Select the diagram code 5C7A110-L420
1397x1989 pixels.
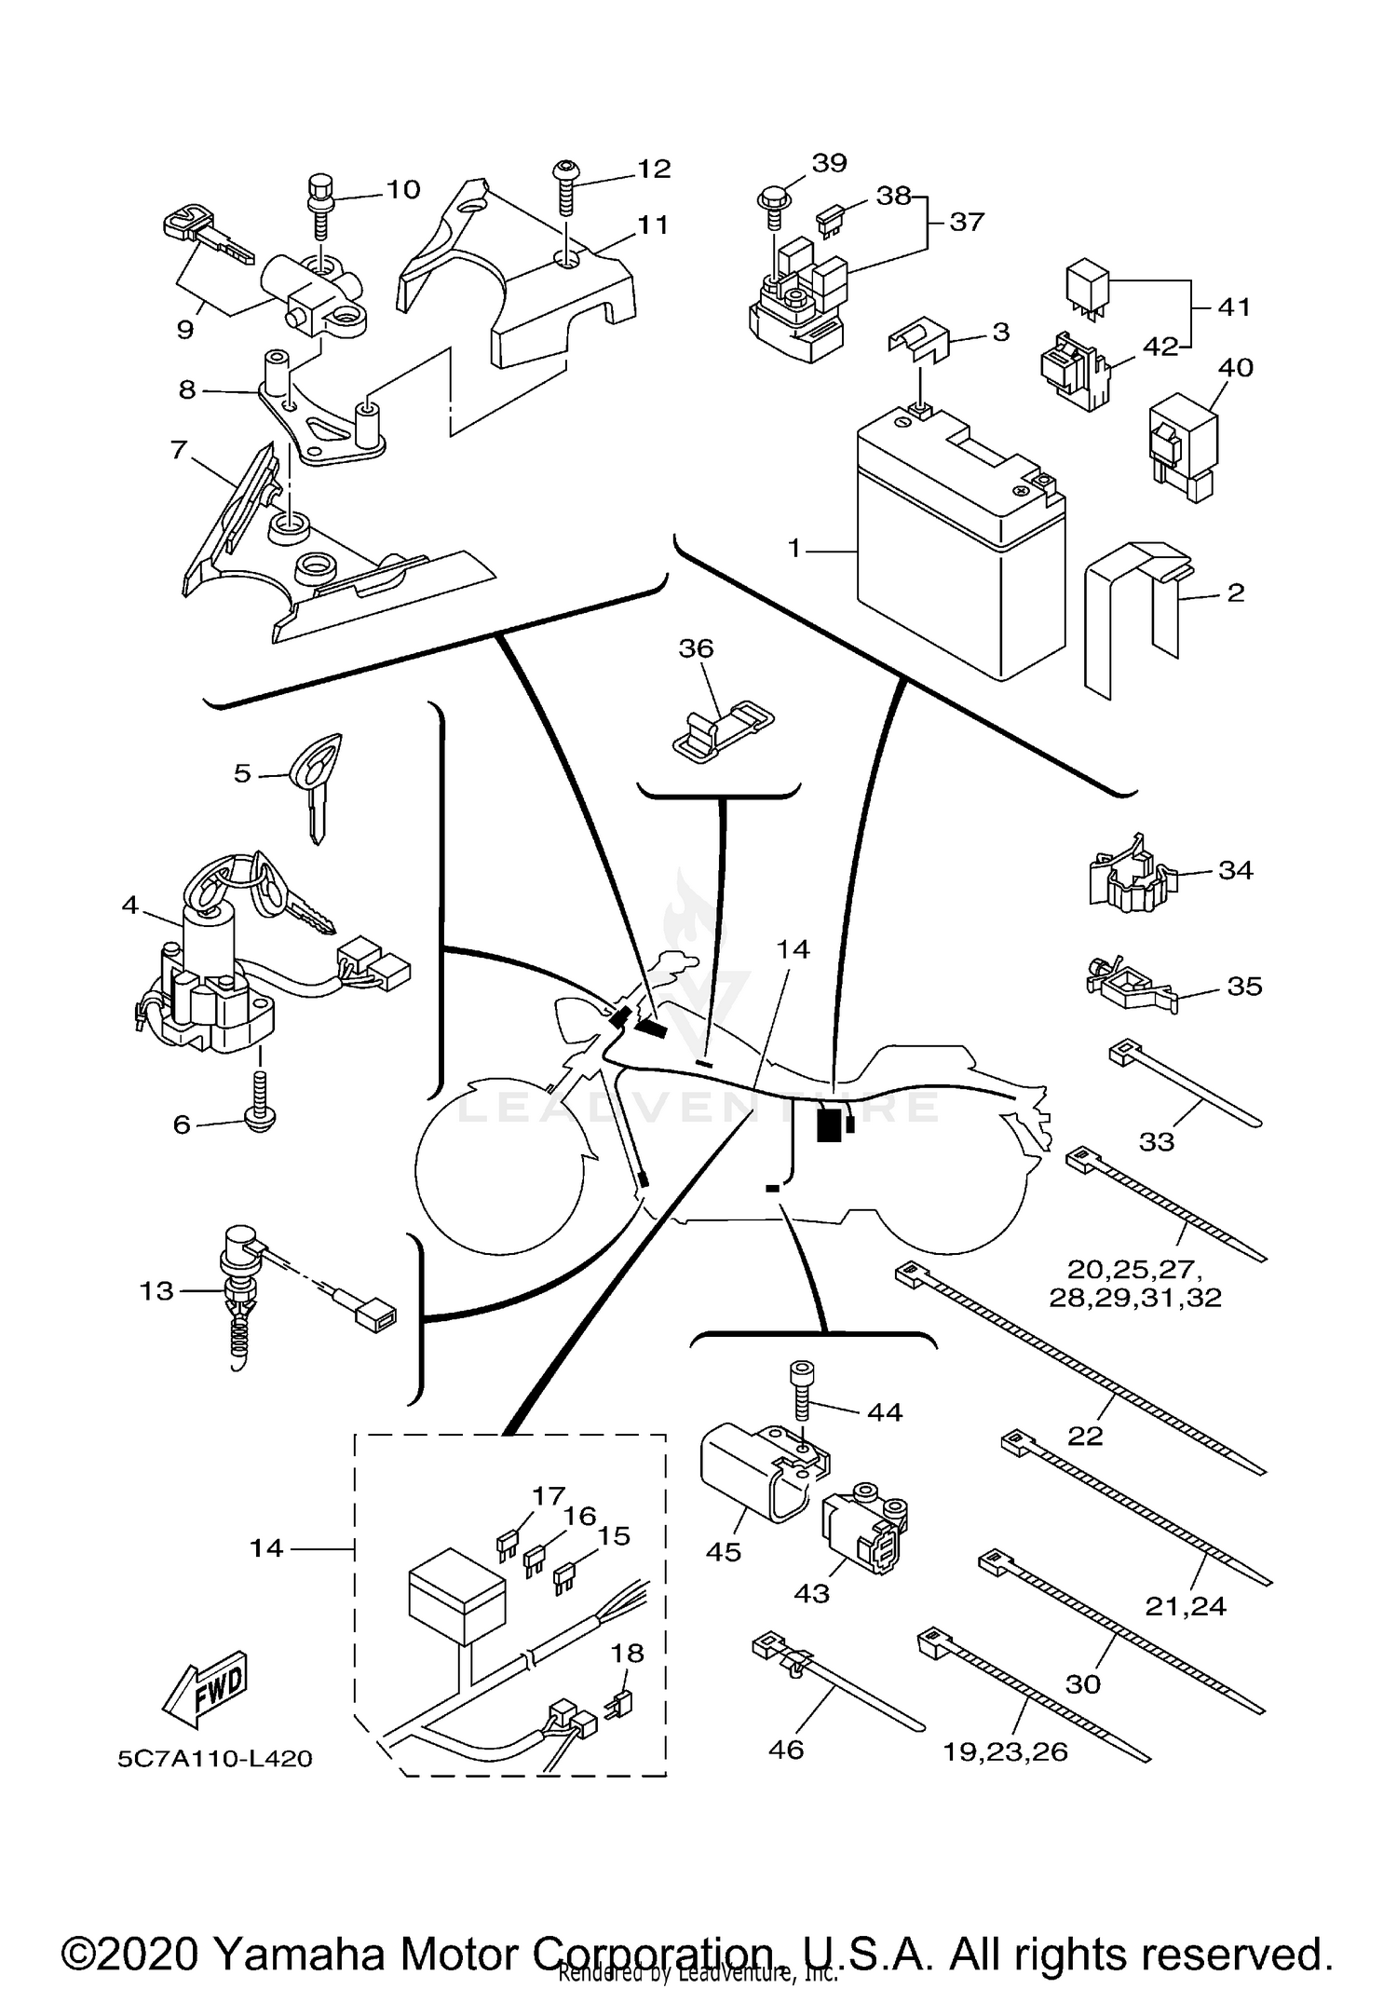214,1759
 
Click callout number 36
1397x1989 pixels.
696,648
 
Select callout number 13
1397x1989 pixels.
156,1290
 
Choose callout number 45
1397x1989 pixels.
724,1552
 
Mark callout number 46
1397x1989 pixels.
786,1750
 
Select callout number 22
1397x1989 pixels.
1085,1436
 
